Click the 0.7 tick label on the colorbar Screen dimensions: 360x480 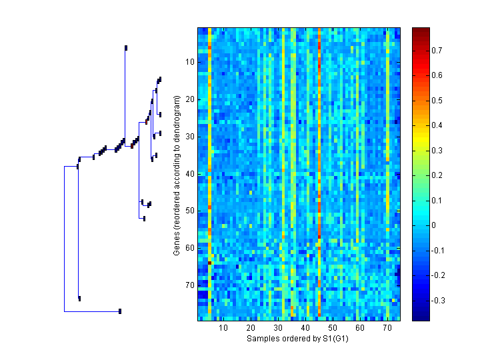pyautogui.click(x=438, y=51)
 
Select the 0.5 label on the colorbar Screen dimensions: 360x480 pyautogui.click(x=438, y=101)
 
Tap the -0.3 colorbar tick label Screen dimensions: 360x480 pyautogui.click(x=440, y=301)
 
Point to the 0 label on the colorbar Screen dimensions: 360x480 pyautogui.click(x=434, y=225)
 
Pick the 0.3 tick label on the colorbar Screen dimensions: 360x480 pyautogui.click(x=438, y=151)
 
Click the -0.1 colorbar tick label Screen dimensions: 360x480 pyautogui.click(x=440, y=251)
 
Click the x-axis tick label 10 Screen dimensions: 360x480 pyautogui.click(x=223, y=329)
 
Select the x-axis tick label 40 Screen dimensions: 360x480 pyautogui.click(x=305, y=329)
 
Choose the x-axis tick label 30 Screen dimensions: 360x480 pyautogui.click(x=278, y=329)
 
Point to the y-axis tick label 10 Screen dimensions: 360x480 pyautogui.click(x=189, y=62)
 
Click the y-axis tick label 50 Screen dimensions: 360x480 pyautogui.click(x=189, y=211)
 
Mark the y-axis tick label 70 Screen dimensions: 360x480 pyautogui.click(x=189, y=285)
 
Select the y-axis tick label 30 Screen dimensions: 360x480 pyautogui.click(x=189, y=137)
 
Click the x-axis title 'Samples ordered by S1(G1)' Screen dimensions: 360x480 pyautogui.click(x=298, y=339)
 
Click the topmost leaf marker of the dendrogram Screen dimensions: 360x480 pyautogui.click(x=125, y=47)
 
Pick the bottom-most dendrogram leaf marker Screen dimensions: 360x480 pyautogui.click(x=120, y=311)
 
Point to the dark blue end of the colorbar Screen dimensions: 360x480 pyautogui.click(x=421, y=317)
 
